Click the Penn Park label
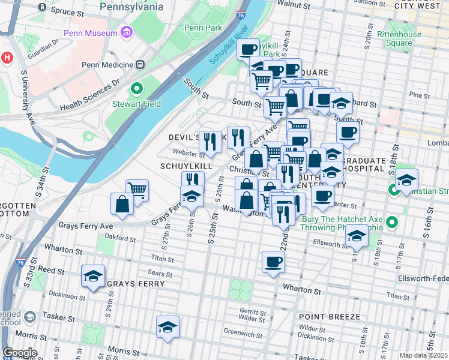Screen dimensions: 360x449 203,28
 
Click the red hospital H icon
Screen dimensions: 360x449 7,58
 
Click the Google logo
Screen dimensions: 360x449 20,353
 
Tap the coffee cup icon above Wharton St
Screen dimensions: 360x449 273,262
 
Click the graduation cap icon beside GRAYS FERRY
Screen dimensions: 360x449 93,276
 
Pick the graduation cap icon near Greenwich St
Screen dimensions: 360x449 168,327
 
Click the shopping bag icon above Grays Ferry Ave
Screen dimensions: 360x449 122,203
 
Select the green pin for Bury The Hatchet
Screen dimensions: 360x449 393,223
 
